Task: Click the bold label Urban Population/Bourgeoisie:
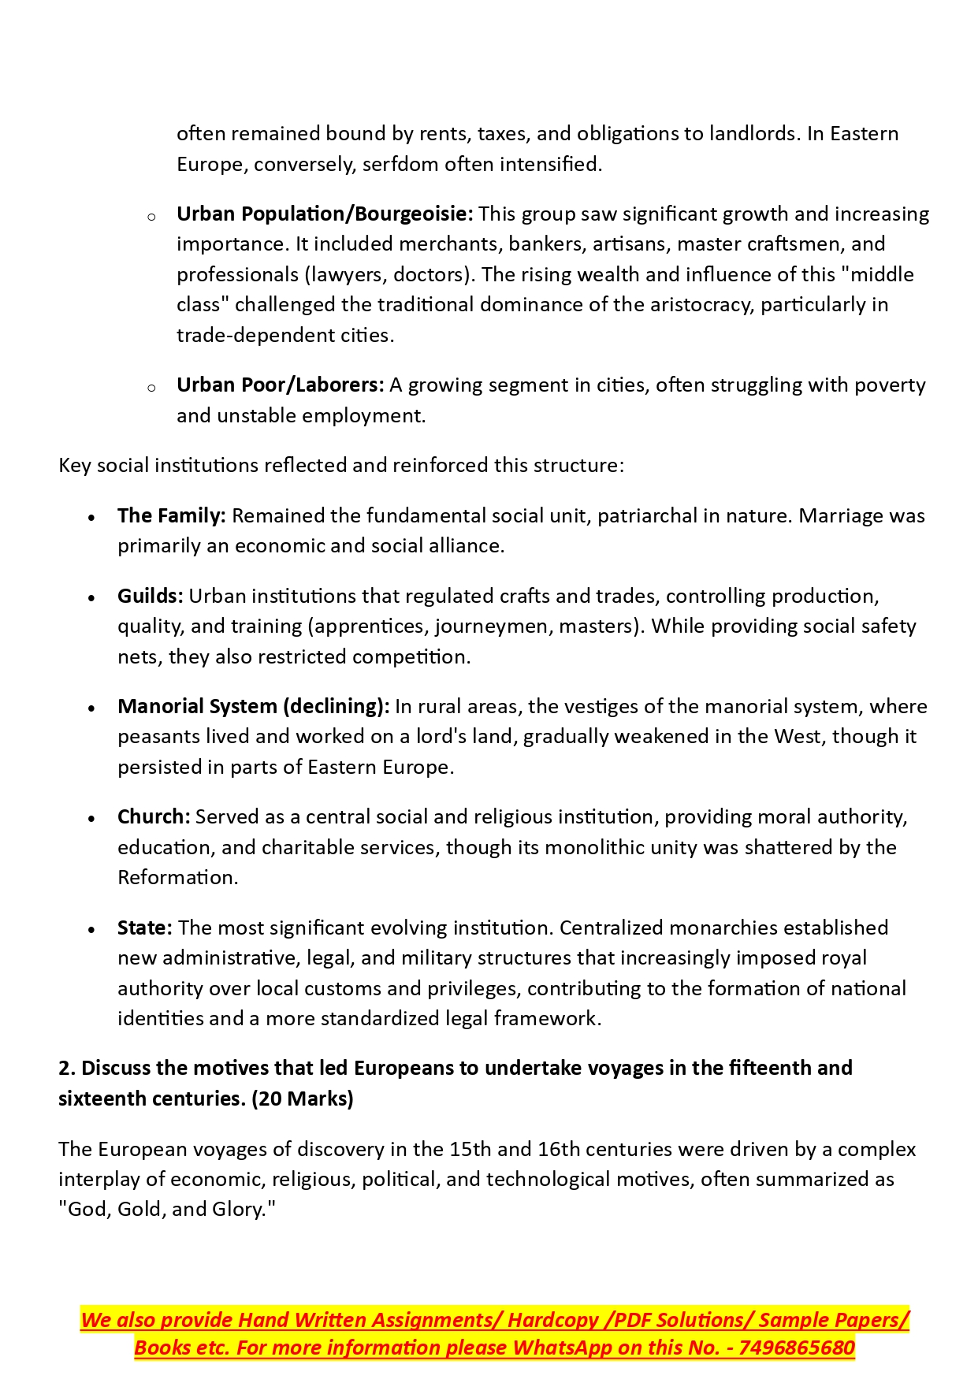(325, 214)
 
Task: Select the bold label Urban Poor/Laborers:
(280, 385)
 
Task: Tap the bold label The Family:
(172, 515)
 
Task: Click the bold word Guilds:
(150, 596)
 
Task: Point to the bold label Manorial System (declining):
(253, 706)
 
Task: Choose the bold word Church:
(154, 816)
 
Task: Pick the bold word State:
(144, 928)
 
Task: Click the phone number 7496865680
(797, 1348)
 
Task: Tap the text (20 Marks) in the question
(303, 1099)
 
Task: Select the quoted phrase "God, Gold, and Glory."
(167, 1209)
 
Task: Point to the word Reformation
(177, 877)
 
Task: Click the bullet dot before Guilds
(92, 597)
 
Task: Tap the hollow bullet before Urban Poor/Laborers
(151, 387)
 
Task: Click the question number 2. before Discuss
(67, 1068)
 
